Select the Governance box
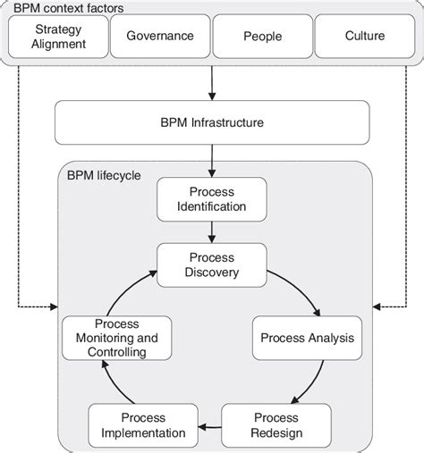coord(159,37)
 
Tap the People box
coord(262,37)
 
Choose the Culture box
coord(364,37)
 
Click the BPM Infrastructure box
coord(212,122)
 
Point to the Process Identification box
coord(212,198)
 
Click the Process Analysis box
coord(307,338)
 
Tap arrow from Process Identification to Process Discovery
coord(212,231)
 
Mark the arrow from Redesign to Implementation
coord(209,427)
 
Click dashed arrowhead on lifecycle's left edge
coord(55,306)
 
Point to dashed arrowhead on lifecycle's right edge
coord(377,306)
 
